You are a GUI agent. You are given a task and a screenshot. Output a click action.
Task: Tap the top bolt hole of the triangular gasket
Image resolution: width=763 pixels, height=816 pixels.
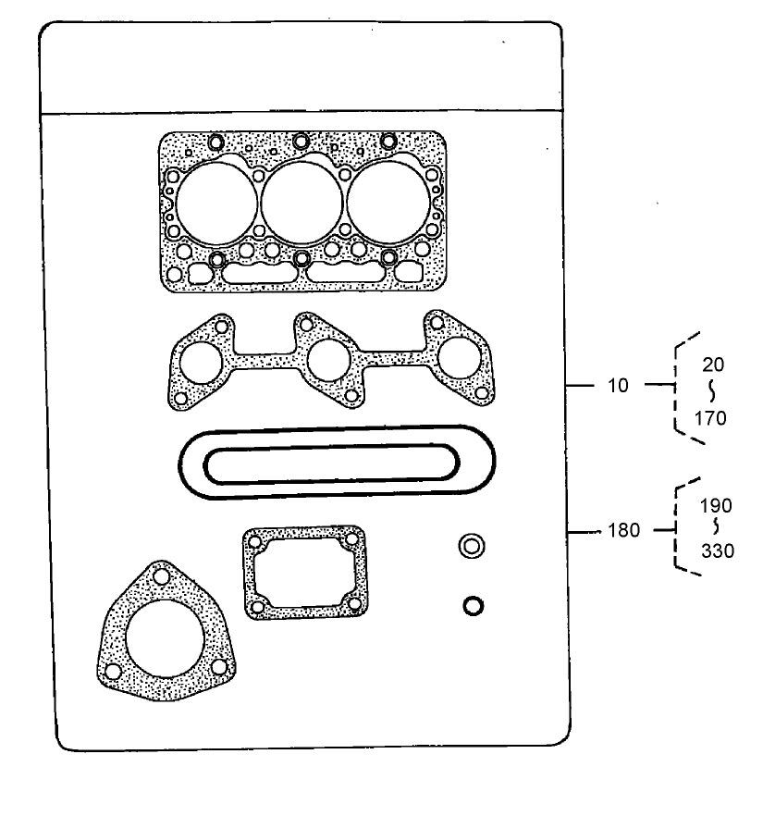pos(162,578)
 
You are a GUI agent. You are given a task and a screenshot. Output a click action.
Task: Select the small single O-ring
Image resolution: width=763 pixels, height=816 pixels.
pos(473,606)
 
